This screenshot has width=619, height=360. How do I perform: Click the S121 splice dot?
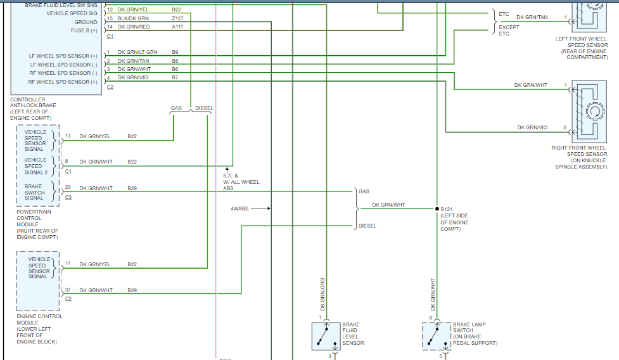[437, 209]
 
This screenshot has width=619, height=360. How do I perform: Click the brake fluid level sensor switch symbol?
[326, 336]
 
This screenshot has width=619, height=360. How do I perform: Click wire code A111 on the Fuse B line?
[178, 27]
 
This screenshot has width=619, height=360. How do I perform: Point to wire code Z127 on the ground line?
[177, 19]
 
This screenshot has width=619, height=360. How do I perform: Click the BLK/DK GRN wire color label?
[133, 19]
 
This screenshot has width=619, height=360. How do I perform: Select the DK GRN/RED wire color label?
[134, 27]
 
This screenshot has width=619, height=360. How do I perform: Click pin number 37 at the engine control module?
[67, 290]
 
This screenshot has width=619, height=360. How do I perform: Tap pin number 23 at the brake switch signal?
[67, 188]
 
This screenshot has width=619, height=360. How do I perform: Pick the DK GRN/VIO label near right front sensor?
[532, 127]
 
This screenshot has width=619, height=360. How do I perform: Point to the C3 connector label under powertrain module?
[68, 197]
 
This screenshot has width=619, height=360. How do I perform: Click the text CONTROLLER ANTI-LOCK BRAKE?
[33, 103]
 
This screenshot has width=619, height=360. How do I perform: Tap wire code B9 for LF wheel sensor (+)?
[175, 52]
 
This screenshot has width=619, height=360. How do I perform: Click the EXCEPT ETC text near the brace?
[509, 30]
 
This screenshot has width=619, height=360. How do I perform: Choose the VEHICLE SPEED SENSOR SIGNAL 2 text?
[35, 166]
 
